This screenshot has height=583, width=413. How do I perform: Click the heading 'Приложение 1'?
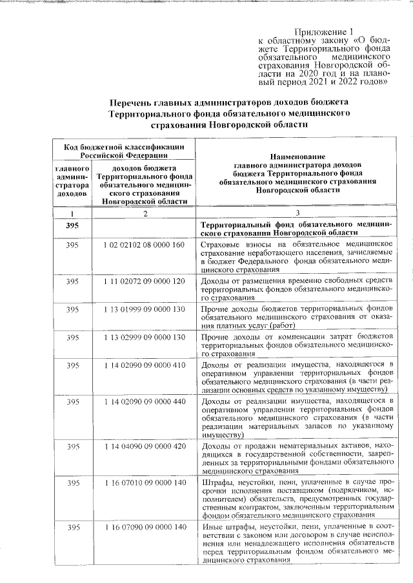pyautogui.click(x=324, y=32)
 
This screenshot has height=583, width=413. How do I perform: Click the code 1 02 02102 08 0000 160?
pyautogui.click(x=143, y=245)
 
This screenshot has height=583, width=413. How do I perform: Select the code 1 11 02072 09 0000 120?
pyautogui.click(x=143, y=282)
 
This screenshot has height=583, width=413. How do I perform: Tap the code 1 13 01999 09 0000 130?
pyautogui.click(x=143, y=309)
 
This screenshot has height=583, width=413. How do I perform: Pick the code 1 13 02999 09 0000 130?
pyautogui.click(x=143, y=338)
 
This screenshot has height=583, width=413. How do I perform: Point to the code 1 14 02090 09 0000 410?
pyautogui.click(x=143, y=365)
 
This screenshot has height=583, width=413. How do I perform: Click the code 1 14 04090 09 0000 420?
pyautogui.click(x=143, y=446)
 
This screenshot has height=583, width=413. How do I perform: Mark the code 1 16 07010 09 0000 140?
pyautogui.click(x=143, y=483)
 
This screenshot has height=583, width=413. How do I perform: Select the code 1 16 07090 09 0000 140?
pyautogui.click(x=143, y=528)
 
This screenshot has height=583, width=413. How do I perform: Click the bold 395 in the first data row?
pyautogui.click(x=72, y=225)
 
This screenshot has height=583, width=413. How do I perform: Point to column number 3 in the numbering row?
pyautogui.click(x=297, y=213)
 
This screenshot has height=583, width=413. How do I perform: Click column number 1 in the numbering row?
pyautogui.click(x=72, y=213)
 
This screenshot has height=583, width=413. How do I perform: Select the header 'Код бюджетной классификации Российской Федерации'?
pyautogui.click(x=123, y=151)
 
